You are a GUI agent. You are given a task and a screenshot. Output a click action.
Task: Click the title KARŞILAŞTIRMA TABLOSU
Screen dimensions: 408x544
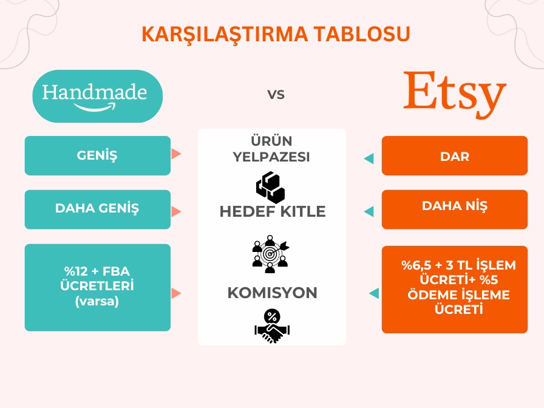pyautogui.click(x=276, y=35)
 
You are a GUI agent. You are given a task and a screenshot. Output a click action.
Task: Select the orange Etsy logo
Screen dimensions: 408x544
pyautogui.click(x=455, y=95)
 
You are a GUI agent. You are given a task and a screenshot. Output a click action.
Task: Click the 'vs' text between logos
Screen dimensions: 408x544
pyautogui.click(x=276, y=95)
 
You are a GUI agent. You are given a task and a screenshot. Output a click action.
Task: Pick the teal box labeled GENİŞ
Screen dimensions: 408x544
pyautogui.click(x=97, y=155)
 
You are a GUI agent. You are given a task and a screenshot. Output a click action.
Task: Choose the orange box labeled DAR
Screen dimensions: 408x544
pyautogui.click(x=454, y=156)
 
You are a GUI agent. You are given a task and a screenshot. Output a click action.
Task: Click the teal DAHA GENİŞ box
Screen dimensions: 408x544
pyautogui.click(x=97, y=209)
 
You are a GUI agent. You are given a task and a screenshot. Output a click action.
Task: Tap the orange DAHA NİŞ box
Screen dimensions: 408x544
pyautogui.click(x=454, y=206)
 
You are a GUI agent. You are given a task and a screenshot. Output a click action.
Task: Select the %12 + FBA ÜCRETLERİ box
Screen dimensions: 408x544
pyautogui.click(x=97, y=287)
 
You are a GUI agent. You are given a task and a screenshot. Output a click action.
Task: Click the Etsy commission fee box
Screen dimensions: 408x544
pyautogui.click(x=454, y=288)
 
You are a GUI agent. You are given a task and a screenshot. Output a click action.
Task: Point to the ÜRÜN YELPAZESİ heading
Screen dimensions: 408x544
pyautogui.click(x=272, y=149)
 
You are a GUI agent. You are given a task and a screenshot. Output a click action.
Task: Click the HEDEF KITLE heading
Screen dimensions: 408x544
pyautogui.click(x=272, y=211)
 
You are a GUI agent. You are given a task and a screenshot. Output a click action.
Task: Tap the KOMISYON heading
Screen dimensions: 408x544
pyautogui.click(x=272, y=293)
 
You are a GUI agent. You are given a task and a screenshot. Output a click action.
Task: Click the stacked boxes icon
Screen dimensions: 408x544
pyautogui.click(x=270, y=186)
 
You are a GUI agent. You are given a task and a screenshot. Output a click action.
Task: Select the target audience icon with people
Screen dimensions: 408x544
pyautogui.click(x=270, y=253)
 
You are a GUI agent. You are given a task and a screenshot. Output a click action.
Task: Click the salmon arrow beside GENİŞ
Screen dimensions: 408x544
pyautogui.click(x=177, y=154)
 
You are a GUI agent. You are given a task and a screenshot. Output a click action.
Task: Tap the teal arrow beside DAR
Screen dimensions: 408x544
pyautogui.click(x=369, y=158)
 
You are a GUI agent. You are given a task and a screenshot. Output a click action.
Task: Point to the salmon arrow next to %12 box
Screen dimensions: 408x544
pyautogui.click(x=177, y=293)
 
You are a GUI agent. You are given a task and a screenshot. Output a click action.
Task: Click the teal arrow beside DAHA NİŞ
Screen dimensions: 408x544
pyautogui.click(x=369, y=211)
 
